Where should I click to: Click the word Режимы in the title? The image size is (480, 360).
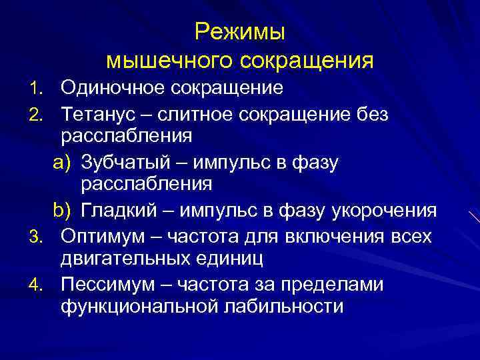(x=239, y=33)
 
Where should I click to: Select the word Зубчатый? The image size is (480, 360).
(x=126, y=162)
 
